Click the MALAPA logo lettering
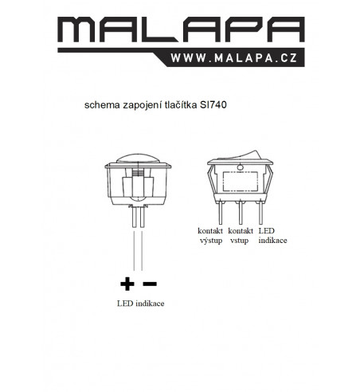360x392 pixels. coord(181,29)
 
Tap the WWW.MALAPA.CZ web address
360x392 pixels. coord(234,58)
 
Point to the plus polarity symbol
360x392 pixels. coord(127,284)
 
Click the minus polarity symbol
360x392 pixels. coord(150,284)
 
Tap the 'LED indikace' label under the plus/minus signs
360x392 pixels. coord(141,304)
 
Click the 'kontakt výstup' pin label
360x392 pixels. coord(210,236)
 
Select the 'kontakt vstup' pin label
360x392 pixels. coord(241,236)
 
